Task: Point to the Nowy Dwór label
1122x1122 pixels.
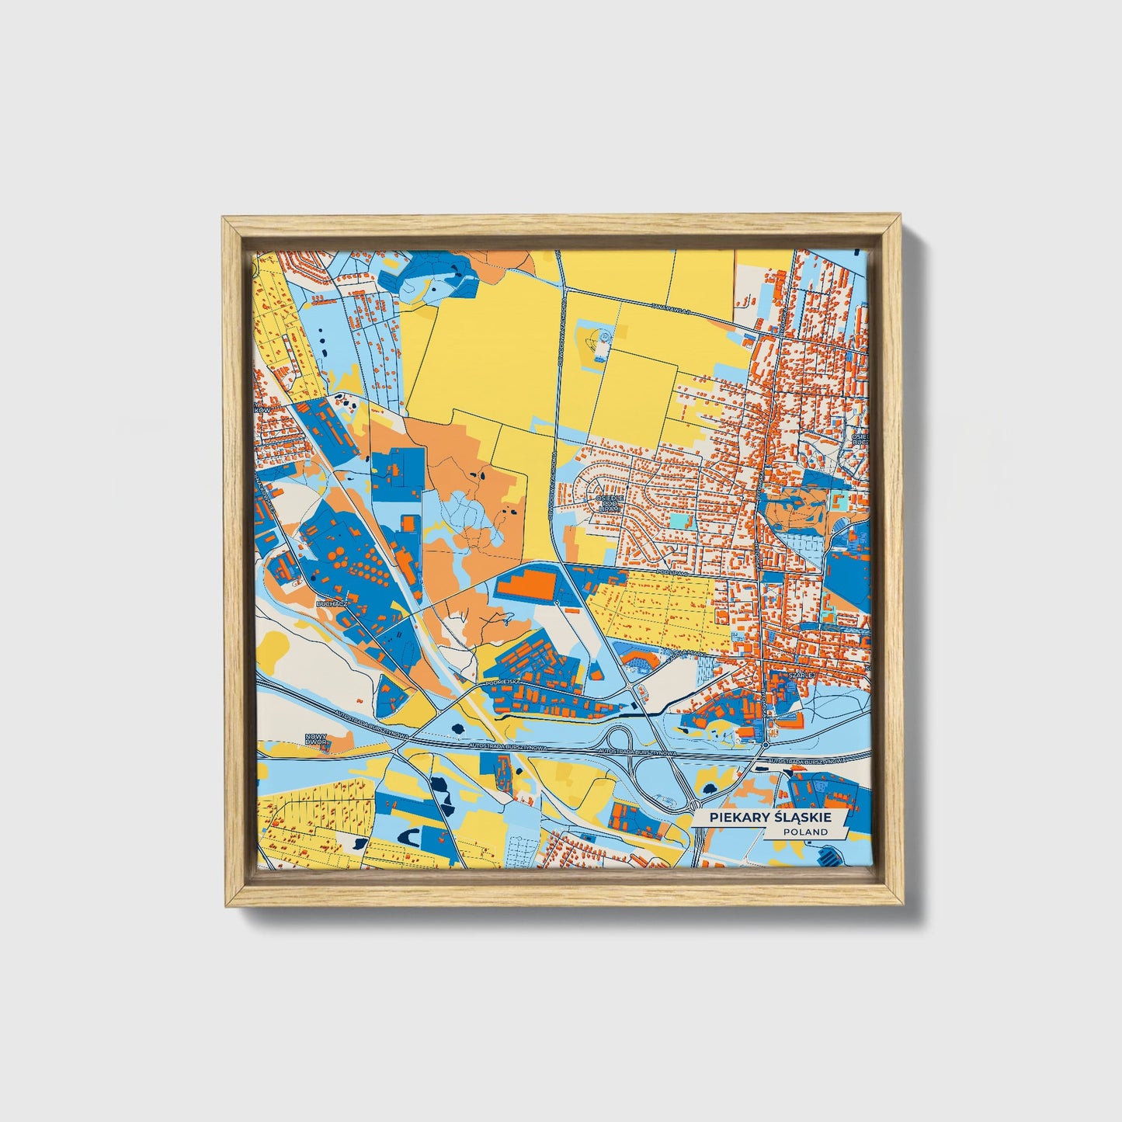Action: click(316, 740)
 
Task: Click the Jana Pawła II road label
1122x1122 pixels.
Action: click(672, 308)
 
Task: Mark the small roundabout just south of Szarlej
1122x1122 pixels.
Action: click(766, 745)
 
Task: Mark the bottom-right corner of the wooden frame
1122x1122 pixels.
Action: click(903, 905)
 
